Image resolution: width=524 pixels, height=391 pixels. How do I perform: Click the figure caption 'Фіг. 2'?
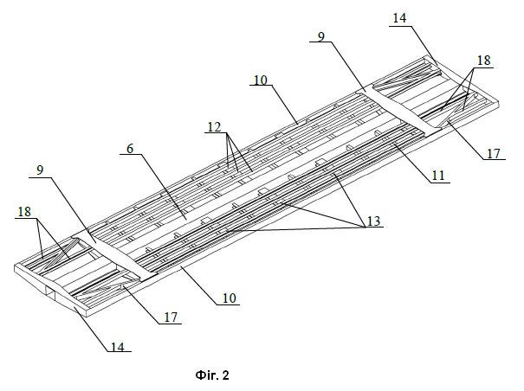tap(212, 375)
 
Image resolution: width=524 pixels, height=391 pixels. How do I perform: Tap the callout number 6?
tap(130, 148)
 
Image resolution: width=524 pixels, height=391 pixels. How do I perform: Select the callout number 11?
tap(438, 176)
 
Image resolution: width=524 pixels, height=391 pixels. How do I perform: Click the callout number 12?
tap(214, 127)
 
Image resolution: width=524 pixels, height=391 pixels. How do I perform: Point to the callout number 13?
tap(374, 221)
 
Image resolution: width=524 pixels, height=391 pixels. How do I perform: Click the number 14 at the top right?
tap(399, 18)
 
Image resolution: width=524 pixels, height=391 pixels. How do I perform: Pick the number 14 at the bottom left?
tap(118, 347)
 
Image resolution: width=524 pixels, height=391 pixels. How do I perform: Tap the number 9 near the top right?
tap(321, 36)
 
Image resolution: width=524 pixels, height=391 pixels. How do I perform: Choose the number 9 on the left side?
tap(40, 170)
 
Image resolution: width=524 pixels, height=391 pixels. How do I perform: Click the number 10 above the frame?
tap(261, 80)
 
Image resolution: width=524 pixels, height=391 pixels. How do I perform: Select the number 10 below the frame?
tap(230, 298)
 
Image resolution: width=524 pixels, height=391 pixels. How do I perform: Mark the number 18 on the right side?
tap(483, 60)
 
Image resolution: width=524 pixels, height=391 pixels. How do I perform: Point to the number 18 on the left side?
tap(24, 212)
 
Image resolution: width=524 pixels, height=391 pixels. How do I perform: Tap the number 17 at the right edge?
tap(494, 154)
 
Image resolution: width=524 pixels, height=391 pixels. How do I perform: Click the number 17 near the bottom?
tap(171, 317)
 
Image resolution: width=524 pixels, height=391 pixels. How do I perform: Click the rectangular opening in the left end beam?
tap(50, 292)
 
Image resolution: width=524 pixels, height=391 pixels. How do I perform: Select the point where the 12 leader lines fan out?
tap(227, 133)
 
